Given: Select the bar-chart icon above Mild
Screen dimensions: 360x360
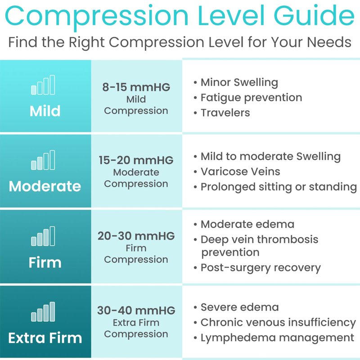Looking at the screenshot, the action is (x=43, y=85).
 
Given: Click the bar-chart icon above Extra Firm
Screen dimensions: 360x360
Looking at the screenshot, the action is (x=43, y=312).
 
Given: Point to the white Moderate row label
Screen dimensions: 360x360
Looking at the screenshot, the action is (x=45, y=186).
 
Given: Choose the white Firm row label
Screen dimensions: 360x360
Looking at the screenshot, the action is (x=45, y=262).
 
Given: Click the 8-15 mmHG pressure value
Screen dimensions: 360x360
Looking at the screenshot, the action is (x=136, y=87).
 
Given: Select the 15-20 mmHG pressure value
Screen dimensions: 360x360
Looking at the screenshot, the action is (x=136, y=160).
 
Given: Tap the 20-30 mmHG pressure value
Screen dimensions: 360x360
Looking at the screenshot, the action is (x=136, y=236).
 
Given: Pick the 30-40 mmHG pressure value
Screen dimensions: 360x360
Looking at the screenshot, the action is (x=136, y=310).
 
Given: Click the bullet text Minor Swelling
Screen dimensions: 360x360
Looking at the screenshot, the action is (x=239, y=83).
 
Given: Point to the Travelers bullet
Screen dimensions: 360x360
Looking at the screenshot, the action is (x=225, y=113).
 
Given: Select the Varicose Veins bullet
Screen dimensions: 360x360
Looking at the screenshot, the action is (x=240, y=171).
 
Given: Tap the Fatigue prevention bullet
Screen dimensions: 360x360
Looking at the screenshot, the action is (x=252, y=98).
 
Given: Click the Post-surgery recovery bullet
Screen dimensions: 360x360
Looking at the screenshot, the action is (x=261, y=268).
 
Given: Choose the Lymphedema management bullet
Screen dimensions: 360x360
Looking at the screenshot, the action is (x=277, y=338).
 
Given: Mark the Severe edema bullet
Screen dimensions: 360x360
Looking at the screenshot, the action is (x=240, y=307).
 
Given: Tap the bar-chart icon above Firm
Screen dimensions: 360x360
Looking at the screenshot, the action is (x=43, y=236).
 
